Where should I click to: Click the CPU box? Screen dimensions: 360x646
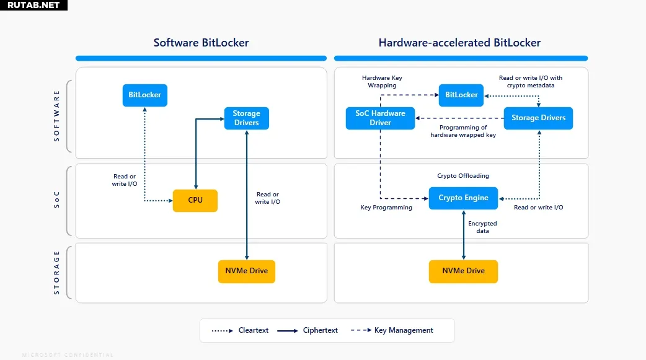(x=195, y=201)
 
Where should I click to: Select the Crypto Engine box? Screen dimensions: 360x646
(x=463, y=198)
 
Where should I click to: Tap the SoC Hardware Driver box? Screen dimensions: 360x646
(x=380, y=118)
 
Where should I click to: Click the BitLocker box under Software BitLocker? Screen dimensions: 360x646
(x=145, y=95)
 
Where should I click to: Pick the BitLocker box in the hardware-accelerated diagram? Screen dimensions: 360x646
(x=461, y=95)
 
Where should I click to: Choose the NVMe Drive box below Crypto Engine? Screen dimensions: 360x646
(x=463, y=271)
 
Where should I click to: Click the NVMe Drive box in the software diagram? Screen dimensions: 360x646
(x=247, y=271)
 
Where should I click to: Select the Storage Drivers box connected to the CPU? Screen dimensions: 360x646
(x=247, y=118)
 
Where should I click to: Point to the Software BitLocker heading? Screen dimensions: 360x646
(x=201, y=43)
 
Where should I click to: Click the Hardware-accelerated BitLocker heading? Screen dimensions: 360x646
(x=459, y=43)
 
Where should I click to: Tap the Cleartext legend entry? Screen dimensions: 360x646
(x=241, y=330)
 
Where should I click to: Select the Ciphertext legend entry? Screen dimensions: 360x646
(x=308, y=330)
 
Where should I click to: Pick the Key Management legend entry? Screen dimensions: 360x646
(x=392, y=330)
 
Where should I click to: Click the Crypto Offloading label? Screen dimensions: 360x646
(x=463, y=176)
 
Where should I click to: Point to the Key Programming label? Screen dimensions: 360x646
(x=386, y=208)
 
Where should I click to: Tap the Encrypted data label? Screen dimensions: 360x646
(x=482, y=227)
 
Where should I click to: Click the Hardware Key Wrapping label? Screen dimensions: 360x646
(x=382, y=82)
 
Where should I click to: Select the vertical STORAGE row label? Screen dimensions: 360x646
(x=57, y=272)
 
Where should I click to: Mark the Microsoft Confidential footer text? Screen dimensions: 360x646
(x=68, y=355)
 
